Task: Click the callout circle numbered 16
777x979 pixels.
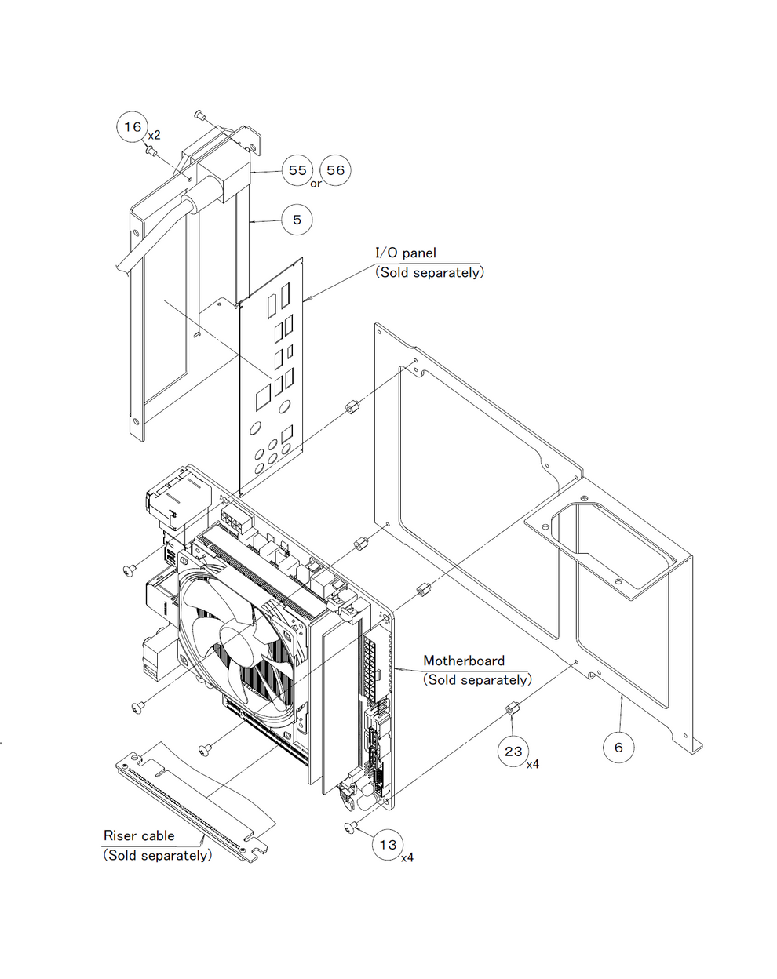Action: point(133,126)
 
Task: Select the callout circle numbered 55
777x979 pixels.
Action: point(297,170)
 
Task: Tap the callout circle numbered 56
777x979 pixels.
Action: point(335,170)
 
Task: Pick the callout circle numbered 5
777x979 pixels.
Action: point(297,220)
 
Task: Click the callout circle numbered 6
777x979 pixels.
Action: point(618,748)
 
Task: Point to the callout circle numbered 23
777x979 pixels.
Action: point(513,752)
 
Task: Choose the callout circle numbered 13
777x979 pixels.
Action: point(388,845)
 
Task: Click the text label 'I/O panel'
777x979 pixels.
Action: point(405,253)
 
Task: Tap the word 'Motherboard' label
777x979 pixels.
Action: point(464,661)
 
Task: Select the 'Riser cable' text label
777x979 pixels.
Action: point(139,835)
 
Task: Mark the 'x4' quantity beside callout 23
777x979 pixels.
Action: point(533,763)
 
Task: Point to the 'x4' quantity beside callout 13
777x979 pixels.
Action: point(407,857)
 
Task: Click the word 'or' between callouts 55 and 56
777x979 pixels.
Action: point(316,184)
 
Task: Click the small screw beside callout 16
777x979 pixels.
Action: point(152,150)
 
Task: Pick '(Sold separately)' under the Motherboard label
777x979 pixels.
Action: point(477,680)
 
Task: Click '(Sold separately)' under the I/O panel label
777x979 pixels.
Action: point(429,272)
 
